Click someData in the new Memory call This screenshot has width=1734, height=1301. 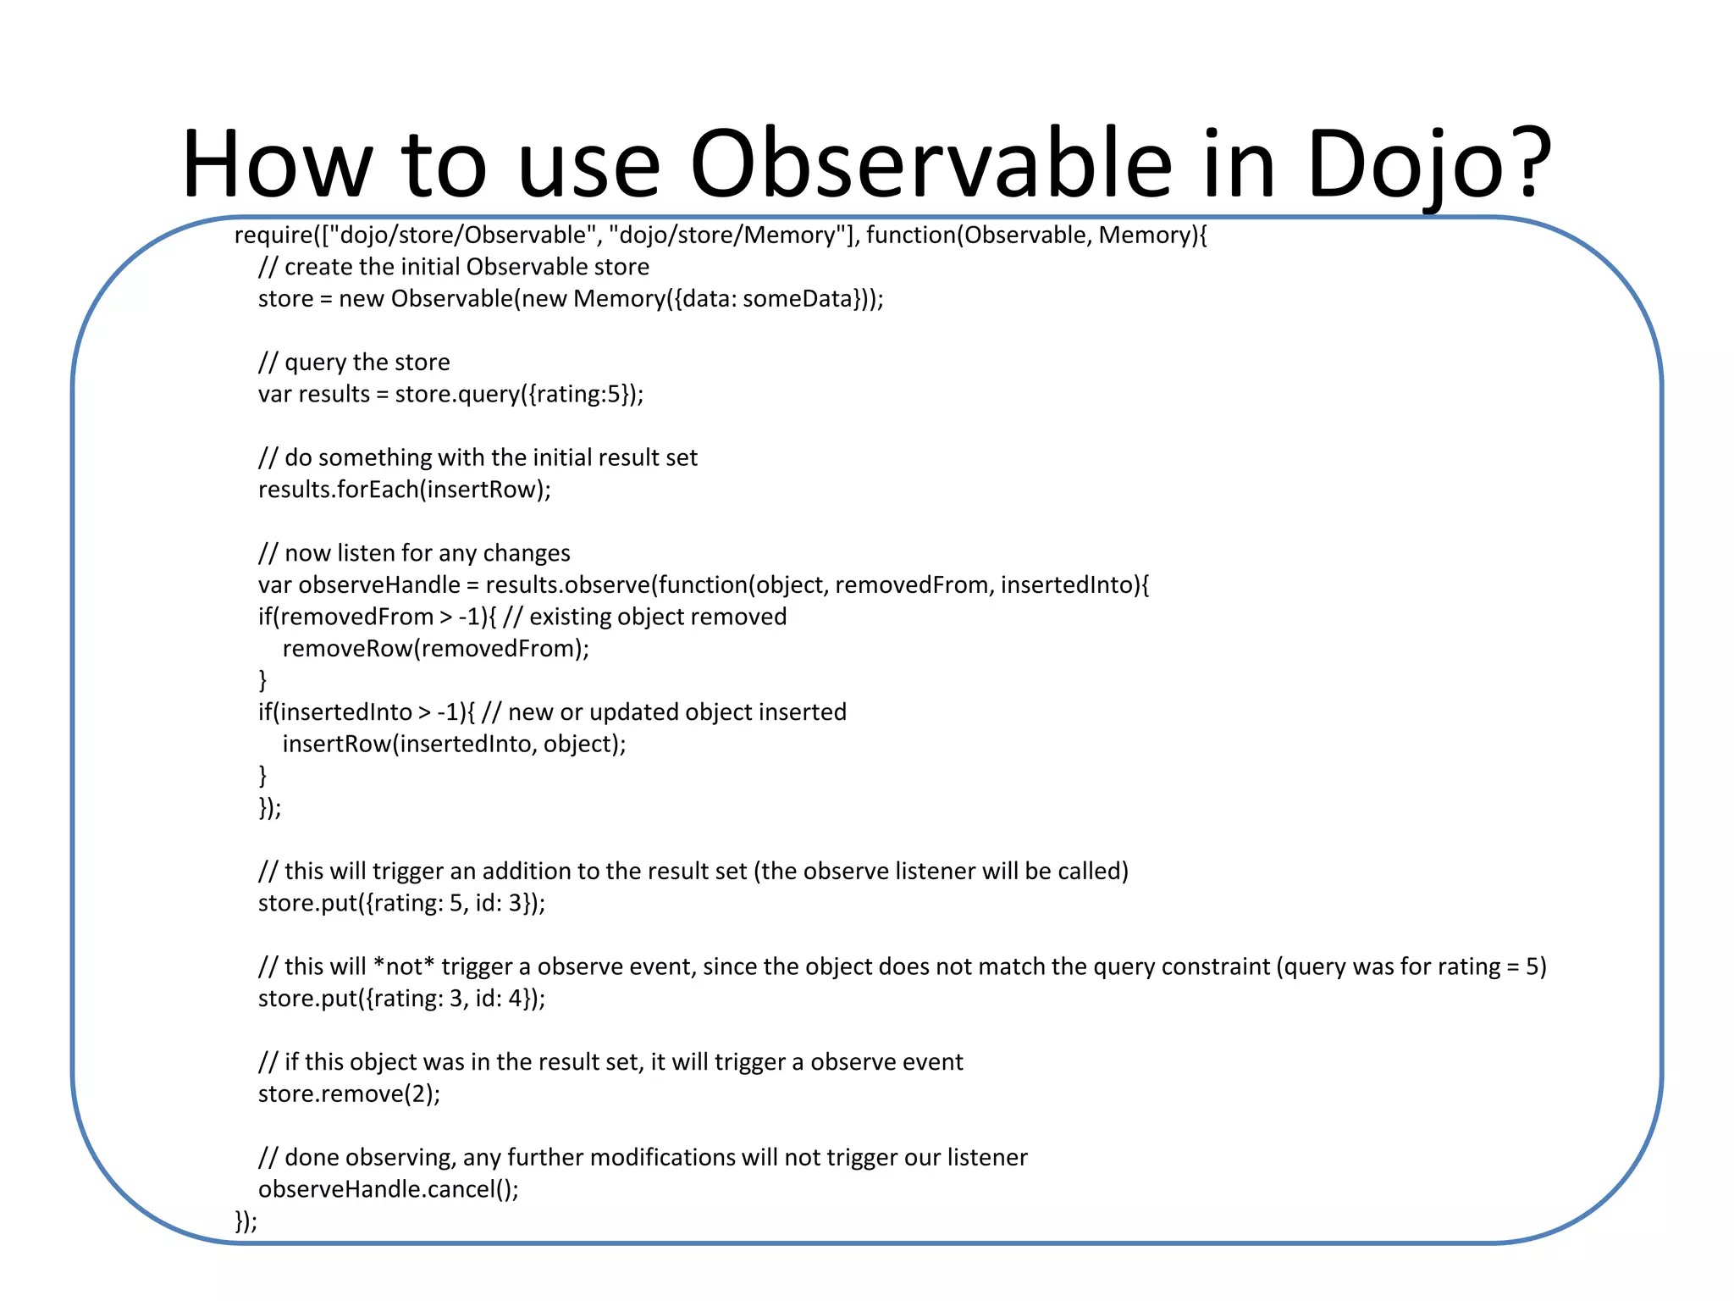click(x=797, y=299)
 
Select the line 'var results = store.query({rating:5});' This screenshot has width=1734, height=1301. click(x=450, y=395)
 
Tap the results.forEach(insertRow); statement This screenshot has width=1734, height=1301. click(x=404, y=490)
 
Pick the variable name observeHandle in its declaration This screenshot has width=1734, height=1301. click(x=379, y=585)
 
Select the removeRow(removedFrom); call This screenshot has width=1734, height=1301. click(x=435, y=649)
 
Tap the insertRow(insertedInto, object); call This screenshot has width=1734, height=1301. click(x=454, y=745)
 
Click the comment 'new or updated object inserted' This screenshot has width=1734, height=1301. click(x=677, y=712)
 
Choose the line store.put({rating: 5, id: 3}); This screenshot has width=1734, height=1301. click(x=401, y=903)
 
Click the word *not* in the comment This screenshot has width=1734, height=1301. click(x=404, y=966)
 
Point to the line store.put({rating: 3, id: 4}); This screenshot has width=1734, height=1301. click(x=401, y=999)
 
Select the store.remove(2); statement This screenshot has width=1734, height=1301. click(x=349, y=1094)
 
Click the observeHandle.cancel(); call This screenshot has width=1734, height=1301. click(x=388, y=1189)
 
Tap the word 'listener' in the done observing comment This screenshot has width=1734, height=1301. click(x=987, y=1158)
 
